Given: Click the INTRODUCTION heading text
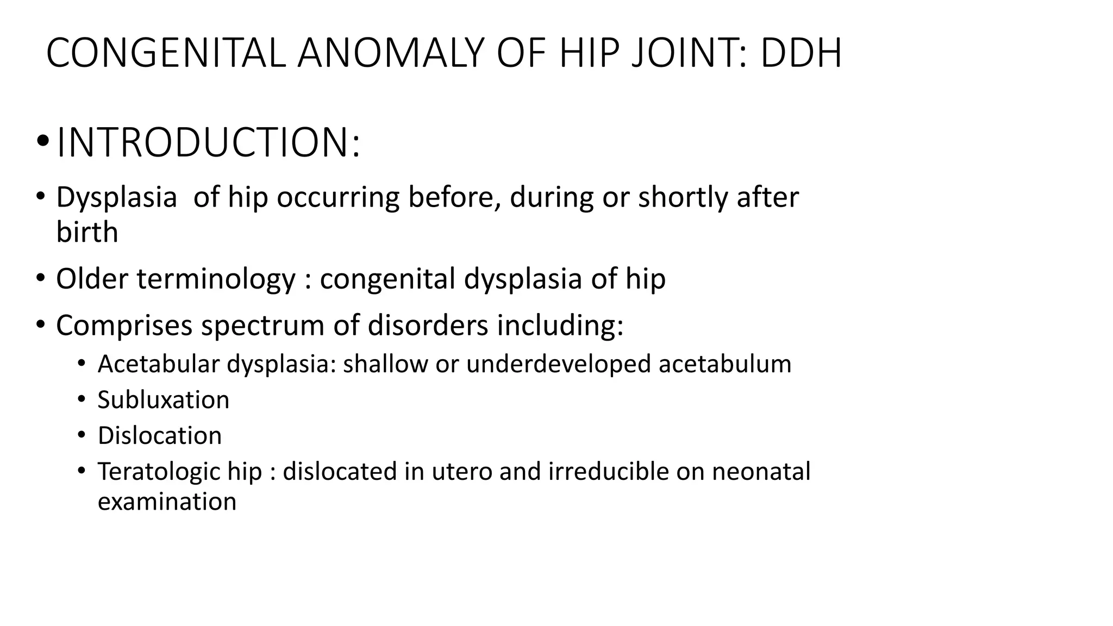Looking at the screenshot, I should coord(208,143).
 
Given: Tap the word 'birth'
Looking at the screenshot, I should coord(87,233).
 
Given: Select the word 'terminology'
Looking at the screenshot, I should coord(216,279).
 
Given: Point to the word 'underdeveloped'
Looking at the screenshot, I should coord(558,364).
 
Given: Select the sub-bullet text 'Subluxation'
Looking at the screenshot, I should coord(164,400).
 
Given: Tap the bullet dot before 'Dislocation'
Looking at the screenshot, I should coord(82,435).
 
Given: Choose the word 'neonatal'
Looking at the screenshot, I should coord(761,471).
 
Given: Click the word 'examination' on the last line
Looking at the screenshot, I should coord(167,502).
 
